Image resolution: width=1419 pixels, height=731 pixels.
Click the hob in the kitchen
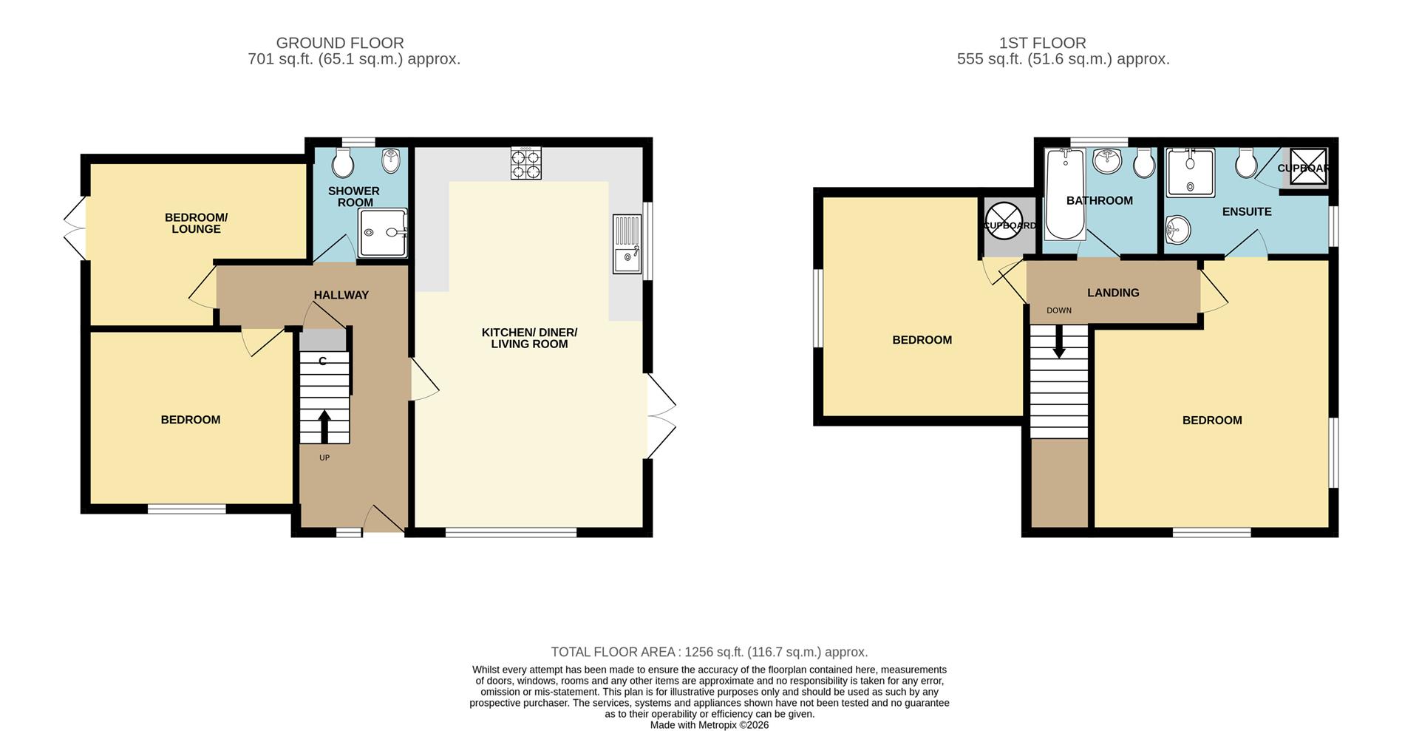[525, 163]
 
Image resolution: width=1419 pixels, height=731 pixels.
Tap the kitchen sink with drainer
[627, 244]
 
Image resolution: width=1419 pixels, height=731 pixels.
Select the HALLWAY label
[341, 295]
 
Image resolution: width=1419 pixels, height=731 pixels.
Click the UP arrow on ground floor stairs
[324, 426]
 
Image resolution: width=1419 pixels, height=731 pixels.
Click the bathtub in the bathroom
[1064, 194]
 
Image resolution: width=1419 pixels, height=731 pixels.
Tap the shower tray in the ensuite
[1190, 173]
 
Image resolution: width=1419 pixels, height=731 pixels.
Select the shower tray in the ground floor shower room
[382, 233]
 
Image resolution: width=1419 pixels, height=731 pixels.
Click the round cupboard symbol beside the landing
[1004, 221]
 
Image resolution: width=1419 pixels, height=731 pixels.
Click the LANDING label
[1112, 293]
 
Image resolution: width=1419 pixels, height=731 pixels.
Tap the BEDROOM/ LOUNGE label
[196, 223]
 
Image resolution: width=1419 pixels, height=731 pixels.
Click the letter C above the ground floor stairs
[322, 361]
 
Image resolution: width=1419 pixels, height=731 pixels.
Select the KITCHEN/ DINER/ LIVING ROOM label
[529, 338]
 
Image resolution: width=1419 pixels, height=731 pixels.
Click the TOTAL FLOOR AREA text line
[709, 652]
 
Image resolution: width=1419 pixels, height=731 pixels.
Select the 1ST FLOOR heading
[1042, 43]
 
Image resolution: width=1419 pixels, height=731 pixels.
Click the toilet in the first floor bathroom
[1143, 163]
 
